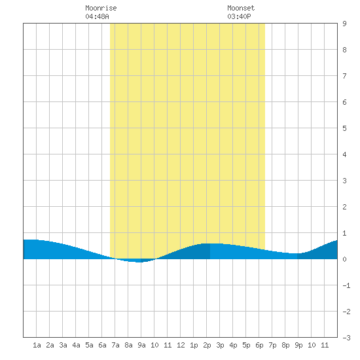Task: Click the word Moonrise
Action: coord(101,8)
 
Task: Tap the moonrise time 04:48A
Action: coord(97,16)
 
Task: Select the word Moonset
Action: coord(241,8)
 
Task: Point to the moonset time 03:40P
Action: coord(239,16)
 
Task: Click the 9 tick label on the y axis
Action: coord(344,24)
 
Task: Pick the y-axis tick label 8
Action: coord(344,50)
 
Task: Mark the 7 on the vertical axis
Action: coord(344,76)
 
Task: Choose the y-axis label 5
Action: coord(344,128)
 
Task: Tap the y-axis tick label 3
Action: coord(344,181)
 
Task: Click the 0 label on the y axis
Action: coord(344,259)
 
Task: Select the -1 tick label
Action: coord(346,285)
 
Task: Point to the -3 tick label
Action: coord(346,338)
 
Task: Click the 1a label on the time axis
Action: coord(37,345)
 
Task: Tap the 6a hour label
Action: coord(102,345)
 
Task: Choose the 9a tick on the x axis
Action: coord(141,345)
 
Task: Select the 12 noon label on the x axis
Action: coord(181,345)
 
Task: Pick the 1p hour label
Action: coord(194,345)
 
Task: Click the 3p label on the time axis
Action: coord(220,345)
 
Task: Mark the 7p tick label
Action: coord(272,345)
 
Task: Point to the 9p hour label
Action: coord(298,345)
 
